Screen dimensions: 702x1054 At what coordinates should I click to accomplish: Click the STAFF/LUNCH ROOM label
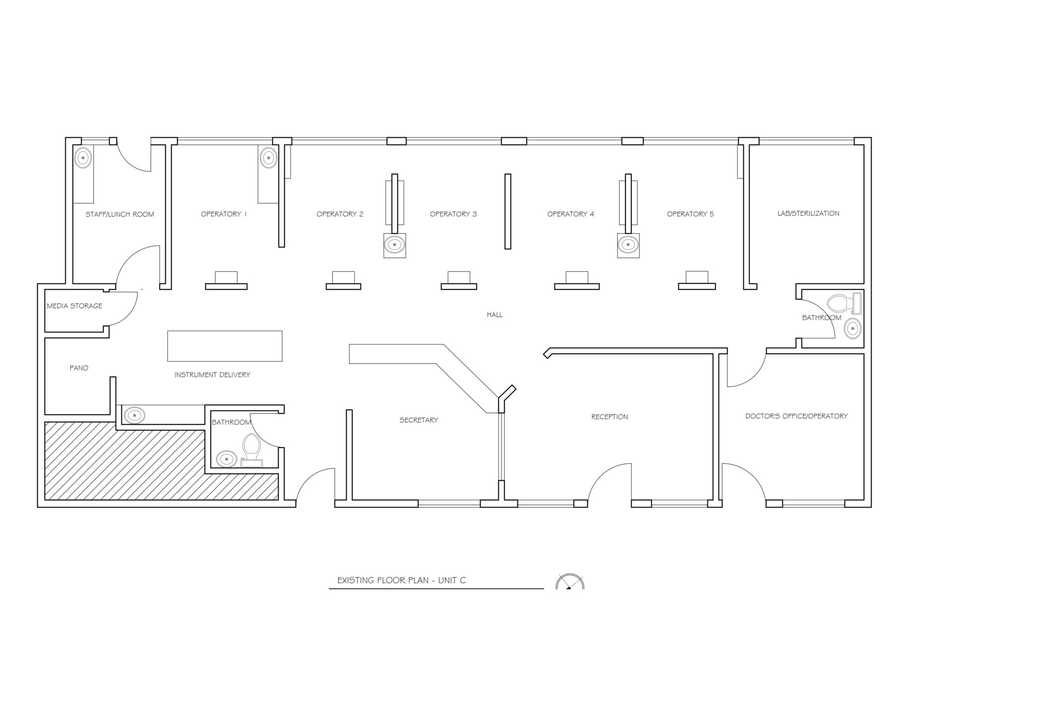point(119,214)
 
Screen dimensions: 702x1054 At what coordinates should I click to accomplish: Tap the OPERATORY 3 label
point(453,214)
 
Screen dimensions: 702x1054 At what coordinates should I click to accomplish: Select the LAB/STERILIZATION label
point(808,213)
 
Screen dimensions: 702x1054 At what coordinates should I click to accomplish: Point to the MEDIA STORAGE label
point(75,306)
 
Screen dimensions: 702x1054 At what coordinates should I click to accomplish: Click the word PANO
point(79,368)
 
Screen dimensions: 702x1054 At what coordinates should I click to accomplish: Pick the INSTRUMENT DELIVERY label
point(212,375)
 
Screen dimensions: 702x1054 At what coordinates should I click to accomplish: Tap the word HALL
point(494,315)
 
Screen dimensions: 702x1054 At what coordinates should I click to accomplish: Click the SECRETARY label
point(418,420)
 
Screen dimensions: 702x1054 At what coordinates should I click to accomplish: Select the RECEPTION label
point(609,417)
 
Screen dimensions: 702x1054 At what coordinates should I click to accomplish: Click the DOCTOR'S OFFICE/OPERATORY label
point(796,416)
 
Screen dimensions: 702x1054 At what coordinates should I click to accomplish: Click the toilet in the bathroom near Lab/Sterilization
point(842,303)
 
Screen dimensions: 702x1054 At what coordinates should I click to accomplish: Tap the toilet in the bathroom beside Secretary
point(252,447)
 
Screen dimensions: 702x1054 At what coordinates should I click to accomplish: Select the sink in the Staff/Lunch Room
point(83,157)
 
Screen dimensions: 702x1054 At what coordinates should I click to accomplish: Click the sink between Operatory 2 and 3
point(394,245)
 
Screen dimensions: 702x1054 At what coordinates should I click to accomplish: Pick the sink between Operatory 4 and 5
point(628,245)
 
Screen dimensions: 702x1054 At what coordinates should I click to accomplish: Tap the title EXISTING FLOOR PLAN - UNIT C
point(401,580)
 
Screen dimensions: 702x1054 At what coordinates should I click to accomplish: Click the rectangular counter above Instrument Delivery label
point(224,346)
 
